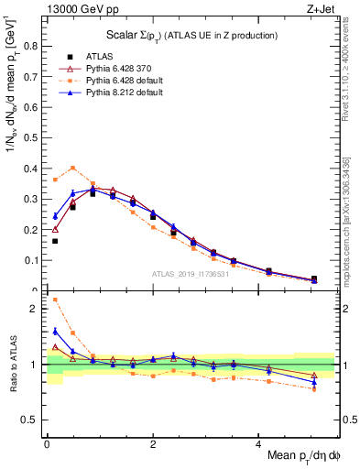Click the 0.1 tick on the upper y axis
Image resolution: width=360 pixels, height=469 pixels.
click(33, 261)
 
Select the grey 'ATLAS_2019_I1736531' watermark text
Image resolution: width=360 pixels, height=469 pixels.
click(191, 274)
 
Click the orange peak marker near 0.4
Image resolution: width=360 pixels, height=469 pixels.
click(72, 168)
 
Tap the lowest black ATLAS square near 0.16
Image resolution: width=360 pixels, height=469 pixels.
click(55, 241)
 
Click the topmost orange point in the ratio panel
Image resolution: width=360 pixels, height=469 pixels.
click(55, 300)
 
